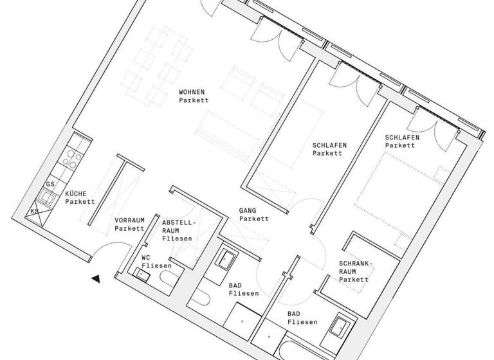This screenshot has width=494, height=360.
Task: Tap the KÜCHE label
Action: [77, 194]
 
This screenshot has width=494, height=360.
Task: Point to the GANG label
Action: [248, 210]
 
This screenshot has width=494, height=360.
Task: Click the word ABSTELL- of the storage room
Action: [177, 220]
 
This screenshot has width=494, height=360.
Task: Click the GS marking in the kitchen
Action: [50, 184]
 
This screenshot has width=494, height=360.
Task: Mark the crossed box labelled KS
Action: [35, 214]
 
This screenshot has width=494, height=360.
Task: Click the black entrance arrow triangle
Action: [96, 278]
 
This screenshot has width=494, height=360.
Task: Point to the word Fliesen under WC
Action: [154, 265]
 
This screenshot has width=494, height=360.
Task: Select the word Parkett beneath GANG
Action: [253, 219]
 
